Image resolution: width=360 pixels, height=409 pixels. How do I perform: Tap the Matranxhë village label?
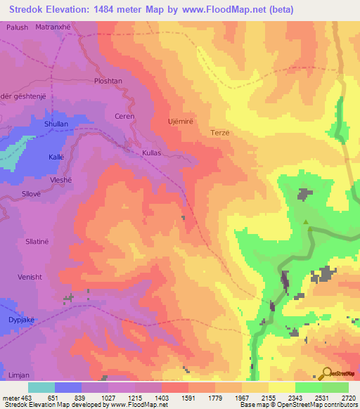[56, 27]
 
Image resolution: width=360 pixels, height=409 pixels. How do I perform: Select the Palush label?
[18, 27]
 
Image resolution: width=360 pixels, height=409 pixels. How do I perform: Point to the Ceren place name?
[124, 116]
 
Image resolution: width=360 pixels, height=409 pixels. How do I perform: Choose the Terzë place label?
[220, 132]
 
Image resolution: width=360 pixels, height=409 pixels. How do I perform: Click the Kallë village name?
[56, 157]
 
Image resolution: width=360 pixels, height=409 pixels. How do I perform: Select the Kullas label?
[152, 152]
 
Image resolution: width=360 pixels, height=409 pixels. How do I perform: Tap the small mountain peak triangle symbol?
[306, 223]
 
